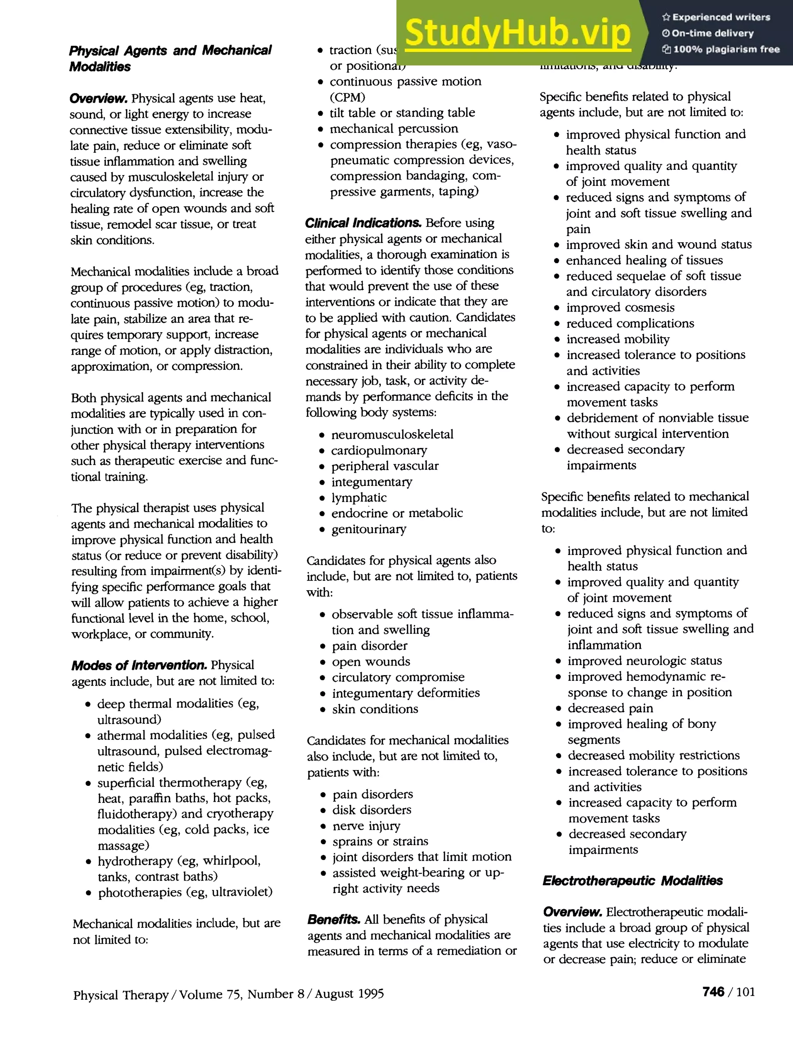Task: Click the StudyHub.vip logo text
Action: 517,33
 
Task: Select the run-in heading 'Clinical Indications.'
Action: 363,223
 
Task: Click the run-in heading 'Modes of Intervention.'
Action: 139,665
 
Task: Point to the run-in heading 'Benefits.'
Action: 333,919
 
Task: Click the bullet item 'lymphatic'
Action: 359,498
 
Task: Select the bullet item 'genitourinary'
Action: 368,529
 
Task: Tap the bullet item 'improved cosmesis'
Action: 620,308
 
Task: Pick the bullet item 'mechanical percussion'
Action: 394,129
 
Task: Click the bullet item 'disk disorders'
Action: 371,810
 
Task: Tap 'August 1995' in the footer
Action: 349,994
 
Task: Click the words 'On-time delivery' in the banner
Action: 712,33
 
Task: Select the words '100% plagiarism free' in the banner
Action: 726,49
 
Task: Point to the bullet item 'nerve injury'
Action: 366,826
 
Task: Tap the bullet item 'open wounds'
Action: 371,661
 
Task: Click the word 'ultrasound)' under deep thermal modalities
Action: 129,720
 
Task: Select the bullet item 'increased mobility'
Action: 618,339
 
